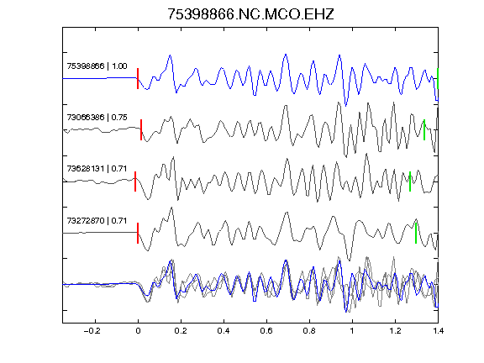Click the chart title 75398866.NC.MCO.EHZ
click(x=250, y=14)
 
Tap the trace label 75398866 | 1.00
click(x=97, y=66)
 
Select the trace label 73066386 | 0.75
click(x=97, y=118)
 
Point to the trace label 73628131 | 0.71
click(x=97, y=169)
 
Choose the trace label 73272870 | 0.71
click(x=97, y=221)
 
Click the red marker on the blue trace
click(x=138, y=79)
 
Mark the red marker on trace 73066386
click(x=141, y=130)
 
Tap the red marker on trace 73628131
click(x=135, y=181)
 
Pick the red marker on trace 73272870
click(x=138, y=233)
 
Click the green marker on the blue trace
click(x=438, y=79)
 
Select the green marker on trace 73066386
click(x=424, y=130)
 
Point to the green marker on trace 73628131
click(x=410, y=181)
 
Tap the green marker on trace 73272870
click(x=416, y=233)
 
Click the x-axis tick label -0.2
click(x=92, y=331)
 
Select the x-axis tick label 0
click(x=138, y=331)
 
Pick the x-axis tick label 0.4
click(x=224, y=331)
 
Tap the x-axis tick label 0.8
click(x=309, y=331)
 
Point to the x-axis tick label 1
click(x=352, y=331)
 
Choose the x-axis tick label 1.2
click(x=395, y=331)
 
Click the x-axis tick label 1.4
click(x=438, y=331)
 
